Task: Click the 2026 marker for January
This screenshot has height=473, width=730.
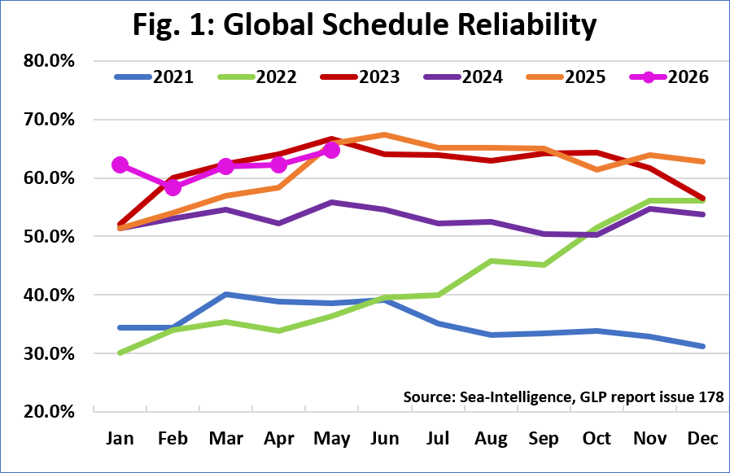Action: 120,164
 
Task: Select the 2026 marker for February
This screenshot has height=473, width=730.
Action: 173,187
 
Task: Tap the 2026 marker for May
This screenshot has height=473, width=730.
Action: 331,151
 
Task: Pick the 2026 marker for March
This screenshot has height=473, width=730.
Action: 225,166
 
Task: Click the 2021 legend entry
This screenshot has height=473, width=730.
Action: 154,77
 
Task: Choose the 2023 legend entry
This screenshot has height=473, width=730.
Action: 361,77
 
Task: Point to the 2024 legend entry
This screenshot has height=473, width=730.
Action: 463,77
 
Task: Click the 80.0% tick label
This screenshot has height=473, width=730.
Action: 49,60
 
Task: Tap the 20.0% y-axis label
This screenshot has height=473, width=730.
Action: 49,412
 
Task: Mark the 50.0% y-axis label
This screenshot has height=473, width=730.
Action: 49,236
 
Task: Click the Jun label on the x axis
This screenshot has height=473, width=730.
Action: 385,439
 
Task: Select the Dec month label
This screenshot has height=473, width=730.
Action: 703,439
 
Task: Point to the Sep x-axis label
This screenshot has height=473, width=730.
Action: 544,439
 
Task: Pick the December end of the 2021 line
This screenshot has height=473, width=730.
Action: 703,346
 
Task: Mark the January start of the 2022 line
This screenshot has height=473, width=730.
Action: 120,353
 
